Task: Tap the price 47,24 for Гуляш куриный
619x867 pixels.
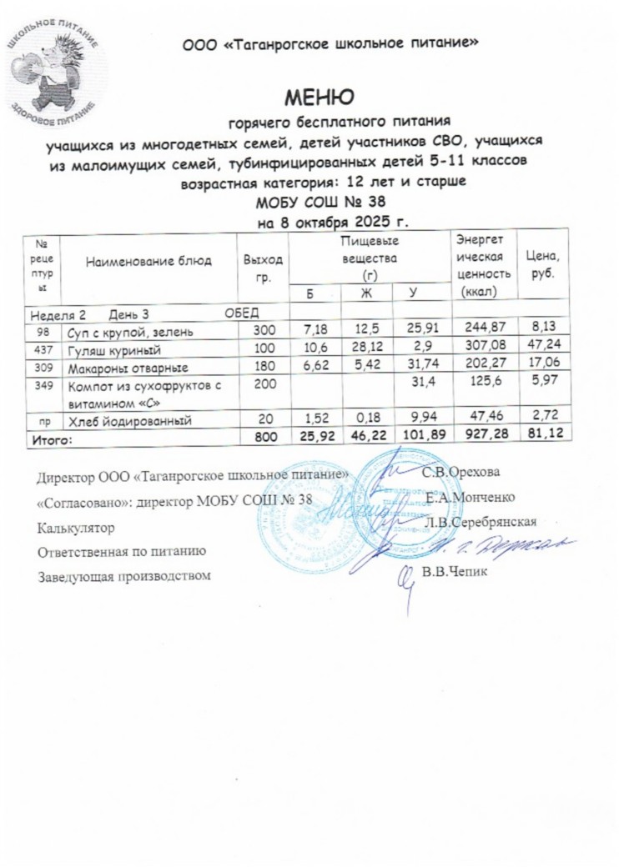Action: pyautogui.click(x=541, y=350)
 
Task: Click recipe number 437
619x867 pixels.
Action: pyautogui.click(x=43, y=350)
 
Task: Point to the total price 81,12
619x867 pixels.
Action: pyautogui.click(x=541, y=436)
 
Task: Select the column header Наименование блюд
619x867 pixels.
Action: pyautogui.click(x=147, y=260)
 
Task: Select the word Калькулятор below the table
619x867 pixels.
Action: pyautogui.click(x=76, y=528)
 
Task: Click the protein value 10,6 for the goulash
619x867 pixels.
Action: pyautogui.click(x=310, y=350)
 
